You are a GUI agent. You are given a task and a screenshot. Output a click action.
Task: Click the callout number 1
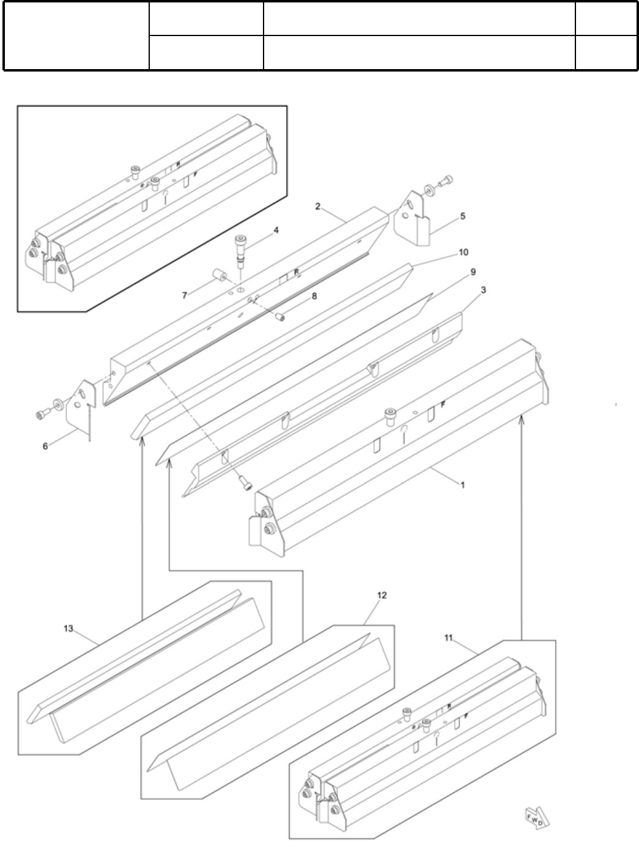[x=463, y=485]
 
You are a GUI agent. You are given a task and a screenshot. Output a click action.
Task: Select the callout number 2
[x=318, y=207]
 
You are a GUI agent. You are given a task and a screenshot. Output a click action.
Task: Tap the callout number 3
[x=483, y=290]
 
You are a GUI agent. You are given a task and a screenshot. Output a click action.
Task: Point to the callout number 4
[x=276, y=231]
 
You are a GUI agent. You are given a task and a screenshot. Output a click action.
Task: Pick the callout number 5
[x=463, y=216]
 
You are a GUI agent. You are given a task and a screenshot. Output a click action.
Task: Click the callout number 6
[x=45, y=446]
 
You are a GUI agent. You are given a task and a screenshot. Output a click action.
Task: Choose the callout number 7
[x=185, y=295]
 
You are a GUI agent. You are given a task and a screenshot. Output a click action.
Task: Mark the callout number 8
[x=314, y=295]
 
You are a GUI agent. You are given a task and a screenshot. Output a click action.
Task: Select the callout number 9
[x=473, y=271]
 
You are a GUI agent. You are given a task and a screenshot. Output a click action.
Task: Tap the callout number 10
[x=463, y=252]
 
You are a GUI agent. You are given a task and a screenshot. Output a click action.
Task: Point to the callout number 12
[x=382, y=595]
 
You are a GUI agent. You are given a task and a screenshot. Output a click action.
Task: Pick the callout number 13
[x=68, y=628]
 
